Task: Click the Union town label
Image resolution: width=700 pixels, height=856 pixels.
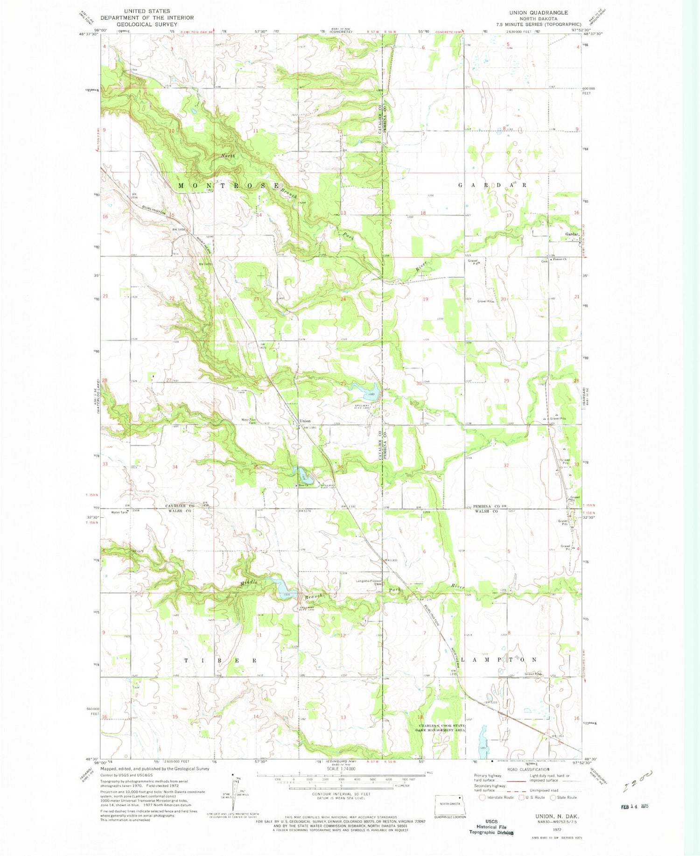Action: [305, 421]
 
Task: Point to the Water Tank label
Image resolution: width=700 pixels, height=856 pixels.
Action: [119, 512]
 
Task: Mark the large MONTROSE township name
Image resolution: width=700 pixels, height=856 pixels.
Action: [229, 186]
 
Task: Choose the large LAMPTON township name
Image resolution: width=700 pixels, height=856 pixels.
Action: [499, 660]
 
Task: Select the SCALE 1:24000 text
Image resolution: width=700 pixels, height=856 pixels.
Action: [341, 769]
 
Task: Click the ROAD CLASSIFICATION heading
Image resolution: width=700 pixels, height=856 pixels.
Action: [527, 769]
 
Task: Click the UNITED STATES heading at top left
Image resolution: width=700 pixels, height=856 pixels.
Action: [147, 11]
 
